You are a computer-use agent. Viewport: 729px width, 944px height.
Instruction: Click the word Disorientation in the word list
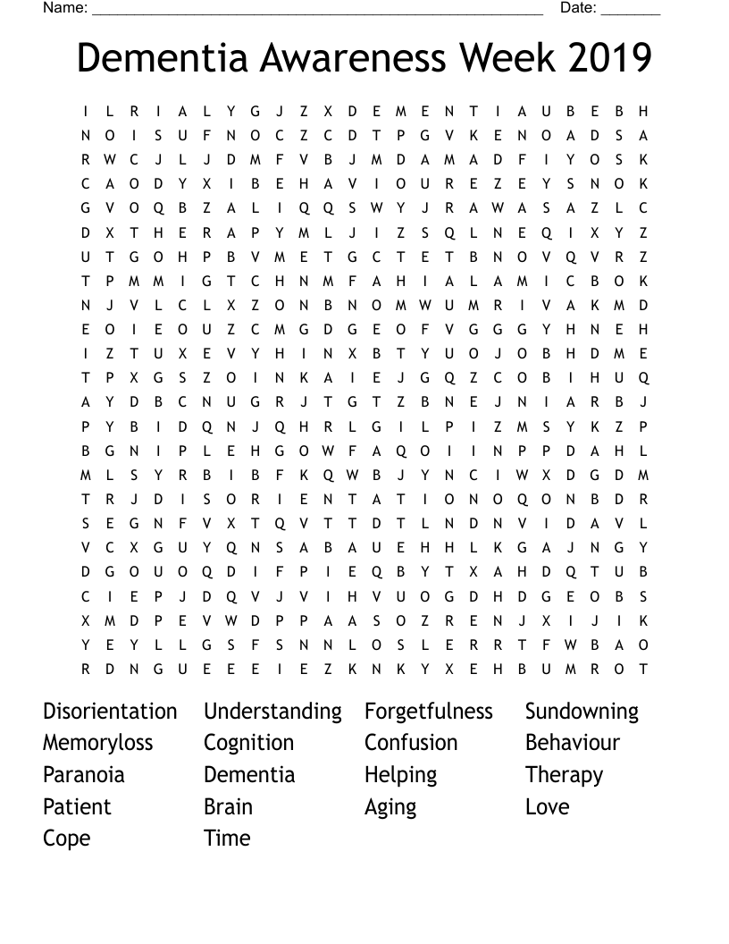[110, 712]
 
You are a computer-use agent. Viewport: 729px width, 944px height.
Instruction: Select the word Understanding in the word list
[272, 712]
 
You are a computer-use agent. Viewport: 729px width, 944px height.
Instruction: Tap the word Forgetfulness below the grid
[428, 712]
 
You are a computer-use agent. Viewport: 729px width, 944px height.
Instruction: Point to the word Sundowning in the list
[582, 712]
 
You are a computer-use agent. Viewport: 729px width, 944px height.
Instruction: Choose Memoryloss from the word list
[97, 743]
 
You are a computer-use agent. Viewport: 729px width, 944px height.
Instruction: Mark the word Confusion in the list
[410, 743]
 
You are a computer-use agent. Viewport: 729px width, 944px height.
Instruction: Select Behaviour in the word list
[572, 743]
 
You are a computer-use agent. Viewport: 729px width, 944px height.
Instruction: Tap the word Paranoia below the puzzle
[83, 774]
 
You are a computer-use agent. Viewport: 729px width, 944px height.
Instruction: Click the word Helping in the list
[400, 775]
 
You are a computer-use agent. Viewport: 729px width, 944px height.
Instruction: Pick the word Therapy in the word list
[564, 775]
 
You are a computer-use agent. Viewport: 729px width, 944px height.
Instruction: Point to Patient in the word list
[77, 806]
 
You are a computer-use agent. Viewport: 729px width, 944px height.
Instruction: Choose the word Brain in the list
[228, 806]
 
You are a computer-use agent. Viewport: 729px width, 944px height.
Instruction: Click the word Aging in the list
[390, 807]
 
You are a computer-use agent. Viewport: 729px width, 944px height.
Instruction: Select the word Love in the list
[547, 806]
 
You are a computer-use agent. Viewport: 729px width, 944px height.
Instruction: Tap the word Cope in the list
[66, 839]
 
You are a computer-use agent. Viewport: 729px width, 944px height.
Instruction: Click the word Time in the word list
[227, 838]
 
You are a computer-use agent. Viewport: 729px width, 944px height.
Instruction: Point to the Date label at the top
[577, 8]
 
